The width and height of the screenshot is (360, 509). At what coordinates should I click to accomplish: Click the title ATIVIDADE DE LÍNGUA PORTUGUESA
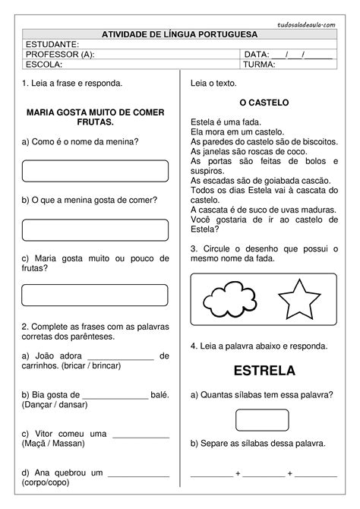(x=179, y=34)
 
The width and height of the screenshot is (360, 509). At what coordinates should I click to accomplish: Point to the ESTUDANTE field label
(x=52, y=44)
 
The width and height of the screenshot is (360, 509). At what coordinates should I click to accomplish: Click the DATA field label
(x=256, y=54)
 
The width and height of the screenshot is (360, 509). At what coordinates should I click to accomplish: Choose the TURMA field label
(x=260, y=64)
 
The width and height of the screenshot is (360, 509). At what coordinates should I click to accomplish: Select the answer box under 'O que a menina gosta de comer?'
(x=95, y=229)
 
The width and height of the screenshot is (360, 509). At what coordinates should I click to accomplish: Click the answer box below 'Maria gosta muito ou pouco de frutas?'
(x=95, y=295)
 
